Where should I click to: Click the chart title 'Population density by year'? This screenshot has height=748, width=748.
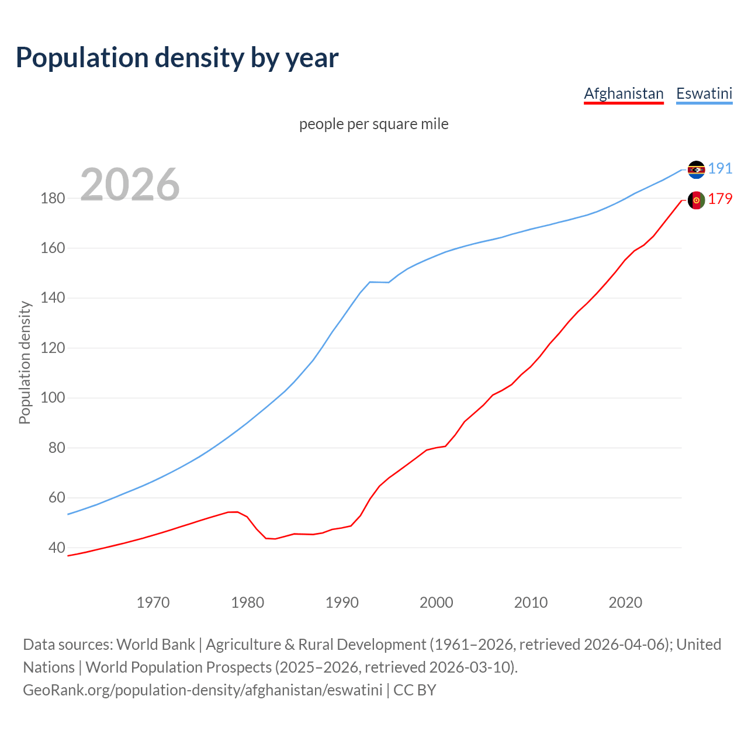pyautogui.click(x=177, y=57)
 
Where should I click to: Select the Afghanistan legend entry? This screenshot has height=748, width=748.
pyautogui.click(x=624, y=93)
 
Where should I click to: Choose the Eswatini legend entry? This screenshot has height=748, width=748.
pyautogui.click(x=704, y=93)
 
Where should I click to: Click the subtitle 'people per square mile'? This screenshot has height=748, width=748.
pyautogui.click(x=373, y=124)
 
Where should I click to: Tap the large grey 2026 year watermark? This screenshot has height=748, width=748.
pyautogui.click(x=130, y=185)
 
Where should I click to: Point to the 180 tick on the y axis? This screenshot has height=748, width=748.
pyautogui.click(x=52, y=198)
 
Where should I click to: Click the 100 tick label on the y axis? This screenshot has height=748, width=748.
pyautogui.click(x=52, y=398)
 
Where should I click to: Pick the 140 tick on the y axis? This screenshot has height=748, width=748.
pyautogui.click(x=52, y=298)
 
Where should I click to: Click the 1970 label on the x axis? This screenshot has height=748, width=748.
pyautogui.click(x=153, y=602)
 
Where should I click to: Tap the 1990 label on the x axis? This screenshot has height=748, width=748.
pyautogui.click(x=342, y=602)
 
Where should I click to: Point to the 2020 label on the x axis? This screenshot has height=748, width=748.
pyautogui.click(x=625, y=602)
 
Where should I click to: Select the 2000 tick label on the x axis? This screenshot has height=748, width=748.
pyautogui.click(x=437, y=602)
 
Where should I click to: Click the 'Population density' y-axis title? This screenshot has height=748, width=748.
pyautogui.click(x=25, y=362)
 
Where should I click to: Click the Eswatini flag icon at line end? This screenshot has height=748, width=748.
pyautogui.click(x=696, y=169)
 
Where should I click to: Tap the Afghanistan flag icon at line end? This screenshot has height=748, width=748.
pyautogui.click(x=696, y=200)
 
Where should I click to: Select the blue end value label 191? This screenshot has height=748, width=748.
pyautogui.click(x=720, y=168)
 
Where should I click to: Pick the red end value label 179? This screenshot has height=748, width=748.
pyautogui.click(x=720, y=199)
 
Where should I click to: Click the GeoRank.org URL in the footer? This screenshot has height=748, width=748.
pyautogui.click(x=202, y=690)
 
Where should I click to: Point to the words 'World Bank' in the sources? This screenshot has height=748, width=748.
pyautogui.click(x=155, y=644)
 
